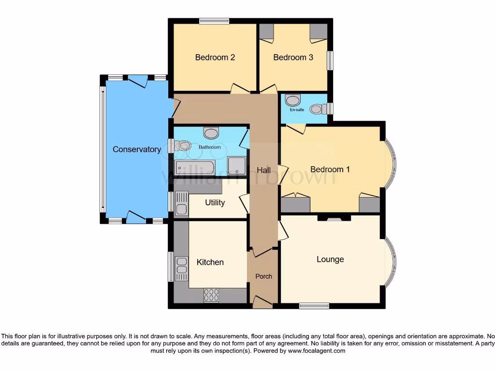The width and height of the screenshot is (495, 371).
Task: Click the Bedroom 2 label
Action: [215, 57]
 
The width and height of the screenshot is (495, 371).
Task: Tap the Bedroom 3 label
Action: [293, 57]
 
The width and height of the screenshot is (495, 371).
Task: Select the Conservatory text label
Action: [137, 150]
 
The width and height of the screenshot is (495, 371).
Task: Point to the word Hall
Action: [263, 171]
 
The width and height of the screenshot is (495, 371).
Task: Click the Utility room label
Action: [215, 202]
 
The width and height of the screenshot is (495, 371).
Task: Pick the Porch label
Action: [263, 276]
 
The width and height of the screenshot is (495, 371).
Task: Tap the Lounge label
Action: [330, 259]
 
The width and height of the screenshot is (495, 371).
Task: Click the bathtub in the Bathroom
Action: [195, 168]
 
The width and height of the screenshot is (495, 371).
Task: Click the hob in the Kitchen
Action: [212, 295]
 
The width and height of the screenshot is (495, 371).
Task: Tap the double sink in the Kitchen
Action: [182, 269]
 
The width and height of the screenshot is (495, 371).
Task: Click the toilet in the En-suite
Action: [317, 109]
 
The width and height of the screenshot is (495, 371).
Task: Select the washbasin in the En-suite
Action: [292, 100]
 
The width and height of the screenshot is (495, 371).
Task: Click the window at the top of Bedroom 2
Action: [214, 21]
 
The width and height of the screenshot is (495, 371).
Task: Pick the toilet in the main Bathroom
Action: [182, 145]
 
